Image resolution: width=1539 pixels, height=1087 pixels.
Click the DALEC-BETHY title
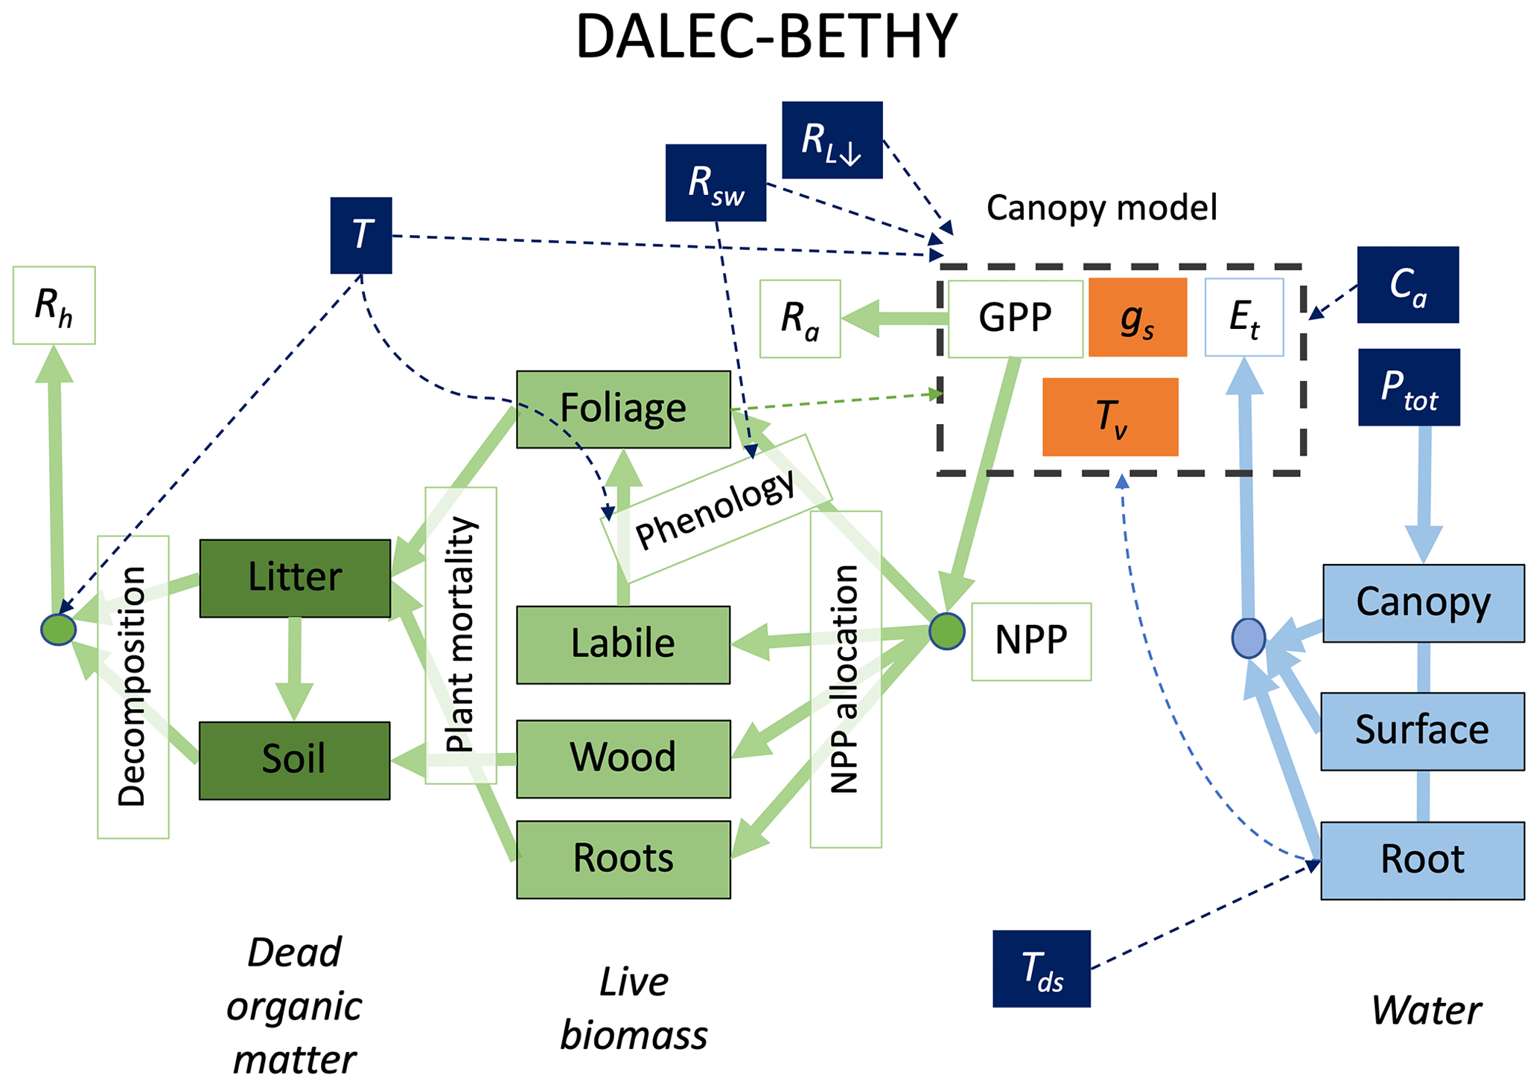tap(766, 37)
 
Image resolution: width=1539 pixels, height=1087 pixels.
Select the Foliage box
tap(623, 409)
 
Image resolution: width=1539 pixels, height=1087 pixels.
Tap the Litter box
tap(295, 578)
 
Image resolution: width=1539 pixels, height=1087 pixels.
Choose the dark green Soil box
tap(294, 760)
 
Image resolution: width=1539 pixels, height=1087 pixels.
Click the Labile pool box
tap(623, 644)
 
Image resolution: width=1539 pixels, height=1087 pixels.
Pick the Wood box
tap(623, 758)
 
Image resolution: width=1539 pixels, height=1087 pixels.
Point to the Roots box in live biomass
tap(623, 859)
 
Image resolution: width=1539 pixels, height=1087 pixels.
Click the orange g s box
tap(1137, 318)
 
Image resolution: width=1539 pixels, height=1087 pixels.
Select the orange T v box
tap(1110, 417)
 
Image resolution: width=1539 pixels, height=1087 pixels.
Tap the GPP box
tap(1015, 318)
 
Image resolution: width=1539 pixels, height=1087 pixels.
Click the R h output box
tap(54, 305)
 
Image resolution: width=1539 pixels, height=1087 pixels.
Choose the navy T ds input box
tap(1041, 969)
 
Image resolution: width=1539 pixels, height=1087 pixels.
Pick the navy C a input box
tap(1407, 285)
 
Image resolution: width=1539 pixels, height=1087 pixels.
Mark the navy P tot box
tap(1409, 387)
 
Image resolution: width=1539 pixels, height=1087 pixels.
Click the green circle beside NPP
tap(946, 632)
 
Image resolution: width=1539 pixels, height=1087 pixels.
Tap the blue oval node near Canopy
tap(1248, 638)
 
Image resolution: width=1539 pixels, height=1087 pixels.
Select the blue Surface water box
tap(1422, 731)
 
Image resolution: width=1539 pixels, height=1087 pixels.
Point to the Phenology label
tap(716, 509)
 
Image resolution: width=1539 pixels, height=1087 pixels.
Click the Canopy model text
tap(1101, 208)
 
